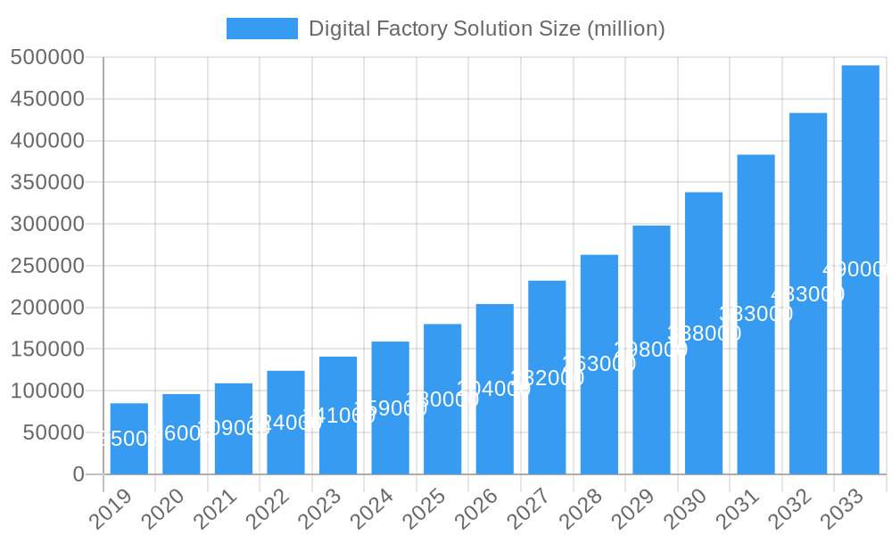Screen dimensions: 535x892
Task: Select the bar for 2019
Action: pyautogui.click(x=129, y=438)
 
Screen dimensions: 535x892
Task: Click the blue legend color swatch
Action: pyautogui.click(x=261, y=29)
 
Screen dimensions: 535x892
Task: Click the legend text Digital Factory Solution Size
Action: pyautogui.click(x=486, y=29)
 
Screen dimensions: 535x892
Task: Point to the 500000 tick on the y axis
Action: pyautogui.click(x=47, y=58)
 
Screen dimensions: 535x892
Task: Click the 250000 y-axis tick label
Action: pyautogui.click(x=47, y=266)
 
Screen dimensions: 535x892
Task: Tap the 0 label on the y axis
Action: pyautogui.click(x=78, y=474)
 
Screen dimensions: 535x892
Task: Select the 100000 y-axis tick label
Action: pyautogui.click(x=47, y=391)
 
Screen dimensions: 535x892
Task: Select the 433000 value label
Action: pyautogui.click(x=807, y=293)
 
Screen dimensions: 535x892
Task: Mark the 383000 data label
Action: pyautogui.click(x=756, y=314)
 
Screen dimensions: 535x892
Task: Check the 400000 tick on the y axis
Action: pyautogui.click(x=47, y=141)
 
